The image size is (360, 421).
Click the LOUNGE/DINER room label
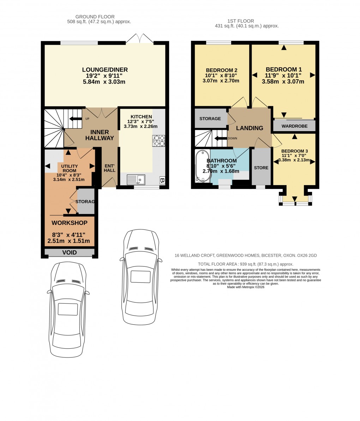coord(105,70)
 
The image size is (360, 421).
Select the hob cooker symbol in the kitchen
coord(158,141)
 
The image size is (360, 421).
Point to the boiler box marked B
coord(162,180)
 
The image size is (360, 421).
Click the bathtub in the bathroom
coord(202,166)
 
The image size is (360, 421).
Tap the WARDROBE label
coord(294,126)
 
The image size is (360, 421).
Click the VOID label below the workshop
coord(70,252)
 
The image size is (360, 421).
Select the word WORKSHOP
coord(70,223)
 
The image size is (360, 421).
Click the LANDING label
coord(250,128)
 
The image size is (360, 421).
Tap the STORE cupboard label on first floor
coord(261,168)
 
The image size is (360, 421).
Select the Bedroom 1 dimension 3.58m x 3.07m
coord(283,81)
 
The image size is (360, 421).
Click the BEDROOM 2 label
coord(221,70)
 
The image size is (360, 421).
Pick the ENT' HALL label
coord(109,168)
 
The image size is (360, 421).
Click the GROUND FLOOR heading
coord(95,17)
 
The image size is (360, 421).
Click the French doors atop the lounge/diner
coord(140,39)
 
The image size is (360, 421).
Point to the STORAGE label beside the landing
coord(210,118)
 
